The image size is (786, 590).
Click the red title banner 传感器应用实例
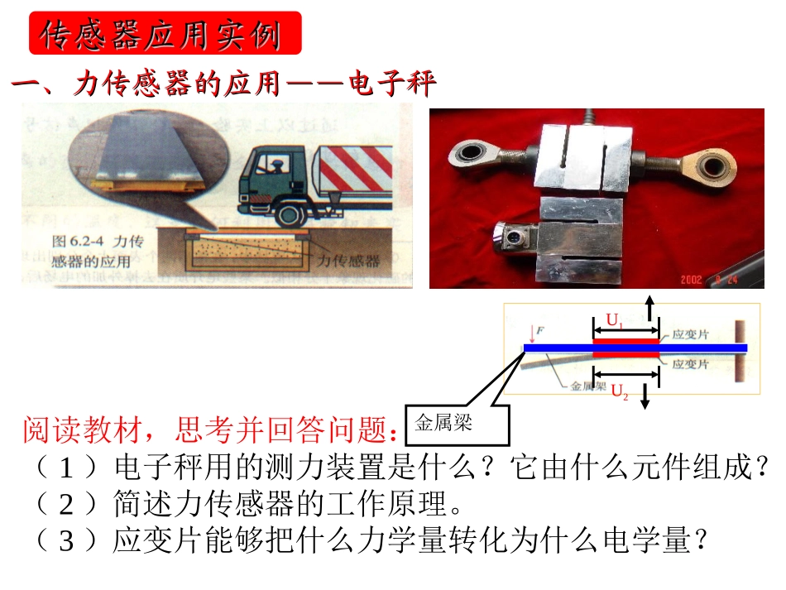click(165, 34)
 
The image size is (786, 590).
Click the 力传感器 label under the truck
click(349, 261)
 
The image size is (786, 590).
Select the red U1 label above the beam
click(615, 319)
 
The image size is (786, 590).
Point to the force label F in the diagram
click(540, 332)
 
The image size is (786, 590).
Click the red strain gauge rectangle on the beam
click(626, 341)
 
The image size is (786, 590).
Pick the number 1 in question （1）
click(68, 468)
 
